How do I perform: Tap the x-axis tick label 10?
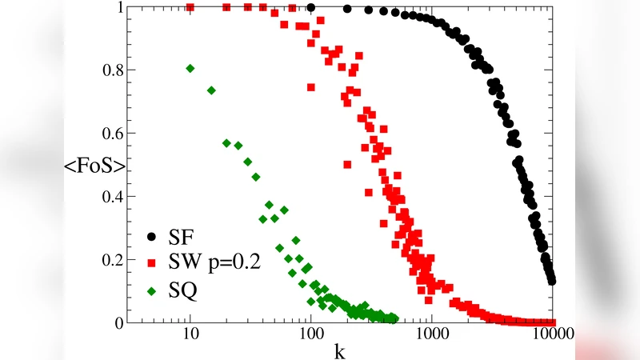tap(190, 336)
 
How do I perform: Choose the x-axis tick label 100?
tap(310, 336)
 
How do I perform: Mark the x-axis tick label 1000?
tap(432, 336)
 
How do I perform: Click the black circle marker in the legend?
tap(151, 237)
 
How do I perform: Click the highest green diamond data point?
tap(190, 68)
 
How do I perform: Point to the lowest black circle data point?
tap(551, 281)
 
